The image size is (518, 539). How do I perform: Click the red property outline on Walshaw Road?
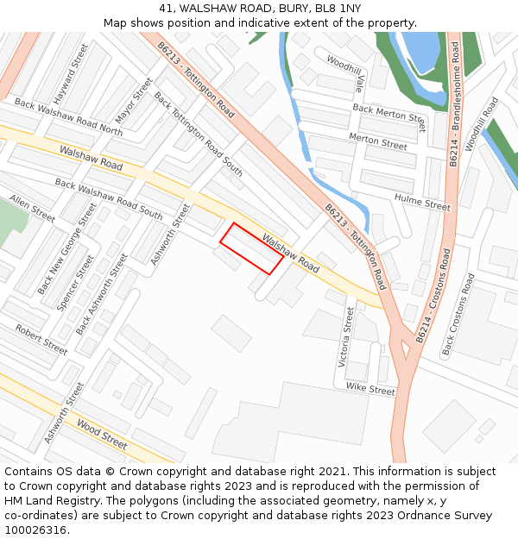point(251,248)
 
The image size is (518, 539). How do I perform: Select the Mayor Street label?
point(134,100)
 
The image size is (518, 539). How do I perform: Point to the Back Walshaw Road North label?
point(68,118)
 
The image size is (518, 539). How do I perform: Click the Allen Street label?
point(32,208)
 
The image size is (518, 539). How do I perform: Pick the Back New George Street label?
point(67,248)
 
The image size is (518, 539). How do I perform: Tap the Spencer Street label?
point(75,283)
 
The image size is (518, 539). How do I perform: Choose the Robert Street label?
point(41,340)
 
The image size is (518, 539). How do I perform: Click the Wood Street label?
point(102,433)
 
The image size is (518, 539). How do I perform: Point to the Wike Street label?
point(370,390)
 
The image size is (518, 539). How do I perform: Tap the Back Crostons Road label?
point(458,315)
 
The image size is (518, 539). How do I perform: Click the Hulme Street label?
point(422,203)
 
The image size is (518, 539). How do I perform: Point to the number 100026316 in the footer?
point(35,530)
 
